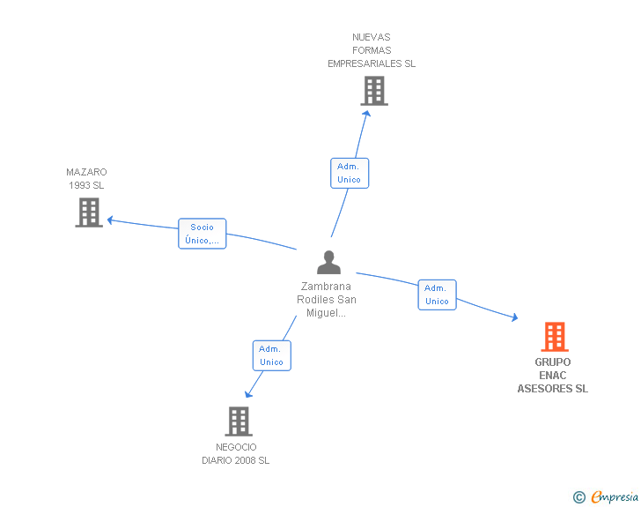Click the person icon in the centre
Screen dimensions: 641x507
pyautogui.click(x=328, y=262)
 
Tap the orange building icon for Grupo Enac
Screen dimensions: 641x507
pyautogui.click(x=555, y=337)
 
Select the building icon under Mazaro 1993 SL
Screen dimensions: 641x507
pyautogui.click(x=89, y=212)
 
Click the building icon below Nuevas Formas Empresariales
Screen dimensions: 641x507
pyautogui.click(x=374, y=92)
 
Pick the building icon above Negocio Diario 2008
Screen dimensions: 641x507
pyautogui.click(x=239, y=421)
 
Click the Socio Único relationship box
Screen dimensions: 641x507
pyautogui.click(x=203, y=234)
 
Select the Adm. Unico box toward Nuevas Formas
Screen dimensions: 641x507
pyautogui.click(x=350, y=173)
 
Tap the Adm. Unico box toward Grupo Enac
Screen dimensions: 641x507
pyautogui.click(x=437, y=295)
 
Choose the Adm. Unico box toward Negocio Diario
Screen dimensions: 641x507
pyautogui.click(x=272, y=355)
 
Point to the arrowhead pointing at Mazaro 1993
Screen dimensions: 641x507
pyautogui.click(x=110, y=220)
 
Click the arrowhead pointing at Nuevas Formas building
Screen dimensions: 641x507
pyautogui.click(x=366, y=114)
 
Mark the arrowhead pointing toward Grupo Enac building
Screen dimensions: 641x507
pyautogui.click(x=515, y=317)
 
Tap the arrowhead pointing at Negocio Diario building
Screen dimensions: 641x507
pyautogui.click(x=248, y=394)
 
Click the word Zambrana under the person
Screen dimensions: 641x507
pyautogui.click(x=326, y=287)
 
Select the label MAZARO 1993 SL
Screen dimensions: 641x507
pyautogui.click(x=86, y=179)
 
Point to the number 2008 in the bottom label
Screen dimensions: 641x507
pyautogui.click(x=246, y=460)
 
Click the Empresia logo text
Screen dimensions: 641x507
pyautogui.click(x=615, y=497)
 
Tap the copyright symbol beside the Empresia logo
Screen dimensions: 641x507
pyautogui.click(x=578, y=497)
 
